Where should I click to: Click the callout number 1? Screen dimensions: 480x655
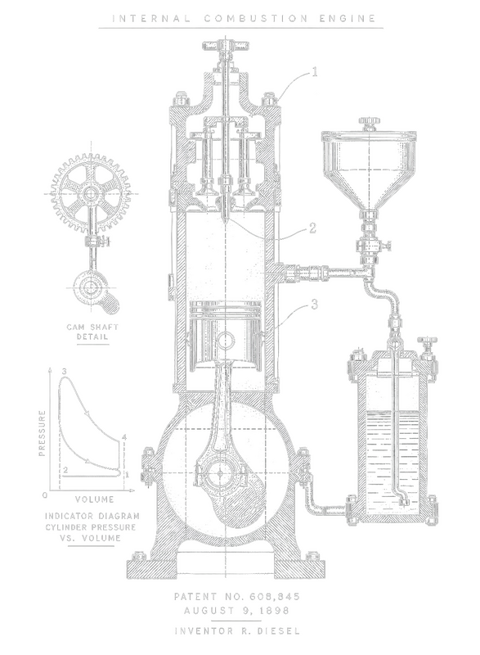pyautogui.click(x=315, y=72)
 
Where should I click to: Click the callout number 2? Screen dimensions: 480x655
pyautogui.click(x=312, y=228)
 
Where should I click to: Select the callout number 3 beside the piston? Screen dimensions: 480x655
pyautogui.click(x=314, y=305)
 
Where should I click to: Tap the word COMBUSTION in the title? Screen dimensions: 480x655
pyautogui.click(x=256, y=18)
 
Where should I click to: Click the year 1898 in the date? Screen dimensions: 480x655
pyautogui.click(x=274, y=611)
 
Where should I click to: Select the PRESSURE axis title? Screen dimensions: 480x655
pyautogui.click(x=43, y=433)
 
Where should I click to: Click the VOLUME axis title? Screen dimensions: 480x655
pyautogui.click(x=94, y=499)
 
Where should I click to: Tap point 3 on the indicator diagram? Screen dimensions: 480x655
pyautogui.click(x=64, y=372)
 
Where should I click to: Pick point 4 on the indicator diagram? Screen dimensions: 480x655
pyautogui.click(x=123, y=437)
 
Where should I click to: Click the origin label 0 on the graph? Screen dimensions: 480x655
pyautogui.click(x=46, y=495)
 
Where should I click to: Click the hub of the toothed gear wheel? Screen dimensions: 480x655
pyautogui.click(x=90, y=193)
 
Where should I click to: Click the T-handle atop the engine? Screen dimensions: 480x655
pyautogui.click(x=226, y=45)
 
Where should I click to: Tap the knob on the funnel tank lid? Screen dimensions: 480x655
pyautogui.click(x=370, y=120)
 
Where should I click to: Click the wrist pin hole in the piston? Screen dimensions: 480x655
pyautogui.click(x=226, y=338)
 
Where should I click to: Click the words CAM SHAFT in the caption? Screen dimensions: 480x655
pyautogui.click(x=92, y=327)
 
